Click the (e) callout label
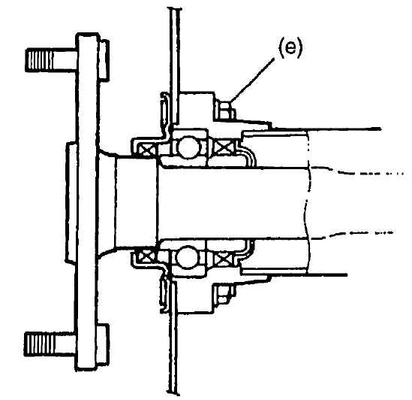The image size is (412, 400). pyautogui.click(x=290, y=49)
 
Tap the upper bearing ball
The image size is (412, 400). pyautogui.click(x=188, y=147)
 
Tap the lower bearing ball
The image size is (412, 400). pyautogui.click(x=187, y=257)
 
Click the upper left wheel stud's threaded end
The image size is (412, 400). pyautogui.click(x=40, y=60)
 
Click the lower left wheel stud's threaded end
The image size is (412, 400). pyautogui.click(x=39, y=343)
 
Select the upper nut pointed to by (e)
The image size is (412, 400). pyautogui.click(x=225, y=110)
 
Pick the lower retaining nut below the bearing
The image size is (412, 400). pyautogui.click(x=225, y=294)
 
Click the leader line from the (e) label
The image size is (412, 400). pyautogui.click(x=252, y=81)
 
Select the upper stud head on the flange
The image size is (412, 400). pyautogui.click(x=104, y=59)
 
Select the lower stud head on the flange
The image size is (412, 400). pyautogui.click(x=104, y=344)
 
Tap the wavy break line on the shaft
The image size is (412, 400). pyautogui.click(x=308, y=203)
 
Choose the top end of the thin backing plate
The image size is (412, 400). pyautogui.click(x=175, y=8)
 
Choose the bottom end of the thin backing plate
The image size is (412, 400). pyautogui.click(x=173, y=394)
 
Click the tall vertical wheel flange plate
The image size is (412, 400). pyautogui.click(x=87, y=202)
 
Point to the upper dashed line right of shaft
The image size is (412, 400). pyautogui.click(x=357, y=171)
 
